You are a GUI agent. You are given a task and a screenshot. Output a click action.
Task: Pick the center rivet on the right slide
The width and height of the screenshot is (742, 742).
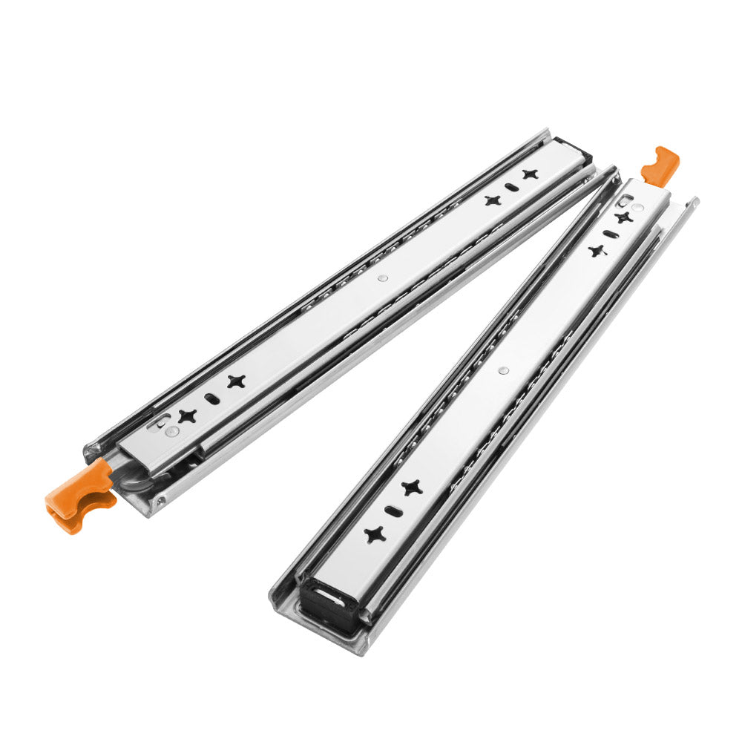505,369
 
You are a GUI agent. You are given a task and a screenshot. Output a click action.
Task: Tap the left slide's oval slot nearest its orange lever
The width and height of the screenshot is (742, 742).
211,398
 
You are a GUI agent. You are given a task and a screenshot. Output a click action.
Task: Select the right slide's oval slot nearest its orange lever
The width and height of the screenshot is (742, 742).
608,234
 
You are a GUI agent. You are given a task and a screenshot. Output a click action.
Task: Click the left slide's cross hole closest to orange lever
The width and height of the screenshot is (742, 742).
187,416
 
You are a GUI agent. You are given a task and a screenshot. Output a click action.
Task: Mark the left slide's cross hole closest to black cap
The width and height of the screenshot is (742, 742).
529,174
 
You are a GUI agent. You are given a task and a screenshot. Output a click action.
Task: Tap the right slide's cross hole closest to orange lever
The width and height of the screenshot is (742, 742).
623,217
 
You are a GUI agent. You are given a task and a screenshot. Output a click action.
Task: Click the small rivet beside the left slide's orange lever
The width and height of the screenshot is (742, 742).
172,431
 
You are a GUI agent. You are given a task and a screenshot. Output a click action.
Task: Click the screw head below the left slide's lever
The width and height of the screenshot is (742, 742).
159,502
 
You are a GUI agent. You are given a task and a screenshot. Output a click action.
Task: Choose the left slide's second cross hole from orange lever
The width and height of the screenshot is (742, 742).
236,381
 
